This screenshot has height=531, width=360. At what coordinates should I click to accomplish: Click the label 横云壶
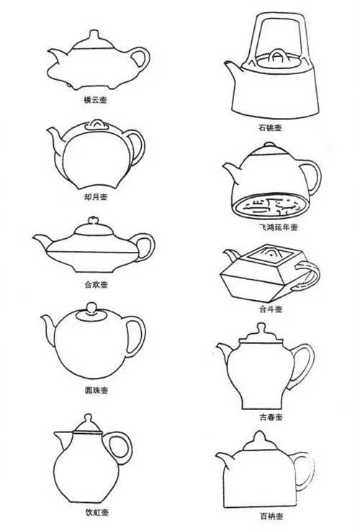coord(95,100)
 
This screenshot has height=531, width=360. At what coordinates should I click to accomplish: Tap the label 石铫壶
coord(270,127)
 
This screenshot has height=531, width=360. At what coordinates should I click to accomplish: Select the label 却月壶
coord(96,196)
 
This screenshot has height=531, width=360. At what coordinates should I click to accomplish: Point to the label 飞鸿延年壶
coord(278,227)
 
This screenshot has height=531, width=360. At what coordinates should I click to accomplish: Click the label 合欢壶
coord(96,285)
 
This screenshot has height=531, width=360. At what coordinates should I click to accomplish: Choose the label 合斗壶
coord(271,309)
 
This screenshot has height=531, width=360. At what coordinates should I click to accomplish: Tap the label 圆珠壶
coord(96,390)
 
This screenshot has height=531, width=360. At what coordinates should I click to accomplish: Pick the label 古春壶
coord(271,417)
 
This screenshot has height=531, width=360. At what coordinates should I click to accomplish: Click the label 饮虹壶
coord(97,512)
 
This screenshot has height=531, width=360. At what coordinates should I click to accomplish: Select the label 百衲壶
coord(271,517)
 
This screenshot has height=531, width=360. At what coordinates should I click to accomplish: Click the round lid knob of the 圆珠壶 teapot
coord(91,308)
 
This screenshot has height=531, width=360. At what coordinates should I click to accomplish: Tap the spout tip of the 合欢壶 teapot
coord(35,237)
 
